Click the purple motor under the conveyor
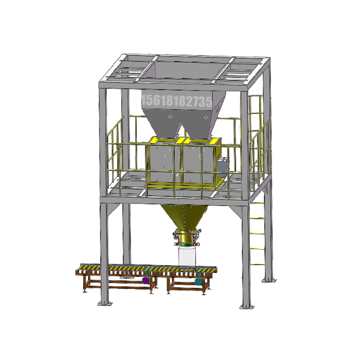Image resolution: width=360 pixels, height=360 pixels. pos(145,280)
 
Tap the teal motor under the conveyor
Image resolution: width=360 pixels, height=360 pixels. pos(198,281)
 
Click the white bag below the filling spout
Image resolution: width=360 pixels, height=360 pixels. pos(187,256)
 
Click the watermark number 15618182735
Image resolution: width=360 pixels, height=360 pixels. pos(177,101)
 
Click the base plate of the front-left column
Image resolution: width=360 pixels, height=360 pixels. pos(105,303)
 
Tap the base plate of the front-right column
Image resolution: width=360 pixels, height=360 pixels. pos(247,306)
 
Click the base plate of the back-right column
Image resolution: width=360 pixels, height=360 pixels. pos(269,279)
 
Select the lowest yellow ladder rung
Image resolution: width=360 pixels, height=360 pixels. pos(257,264)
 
